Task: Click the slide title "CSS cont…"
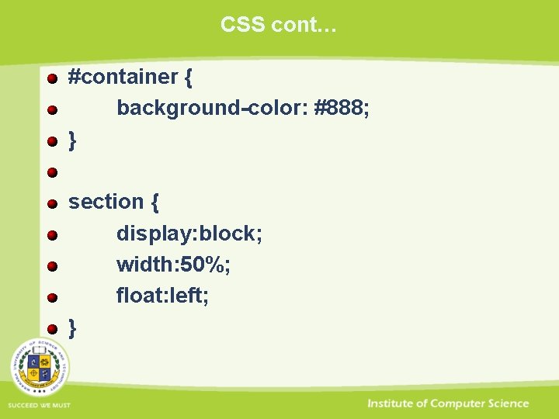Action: point(279,25)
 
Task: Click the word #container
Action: point(123,77)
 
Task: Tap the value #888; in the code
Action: point(342,108)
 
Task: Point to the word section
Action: point(106,202)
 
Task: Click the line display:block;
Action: point(189,234)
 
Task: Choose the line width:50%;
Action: point(173,265)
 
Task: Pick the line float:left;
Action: point(162,296)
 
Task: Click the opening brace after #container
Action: point(189,78)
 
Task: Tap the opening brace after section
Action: point(155,203)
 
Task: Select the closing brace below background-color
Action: point(72,140)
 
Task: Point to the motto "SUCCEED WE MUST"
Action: point(39,406)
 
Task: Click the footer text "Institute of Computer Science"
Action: point(448,403)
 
